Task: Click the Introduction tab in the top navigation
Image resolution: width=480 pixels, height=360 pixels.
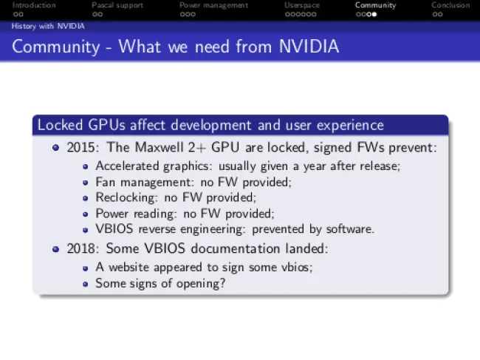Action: [x=34, y=5]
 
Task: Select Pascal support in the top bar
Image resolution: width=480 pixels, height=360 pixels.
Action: [x=117, y=5]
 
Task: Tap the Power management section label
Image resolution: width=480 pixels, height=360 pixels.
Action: [x=213, y=5]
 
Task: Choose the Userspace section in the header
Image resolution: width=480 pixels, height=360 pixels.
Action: [x=302, y=5]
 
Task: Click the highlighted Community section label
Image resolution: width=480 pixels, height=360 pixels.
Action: [x=376, y=5]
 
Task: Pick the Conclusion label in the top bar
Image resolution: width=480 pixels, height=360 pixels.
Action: [x=450, y=5]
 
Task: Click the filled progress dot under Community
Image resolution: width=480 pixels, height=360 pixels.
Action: [x=374, y=14]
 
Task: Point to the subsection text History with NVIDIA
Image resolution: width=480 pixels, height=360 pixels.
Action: [x=48, y=27]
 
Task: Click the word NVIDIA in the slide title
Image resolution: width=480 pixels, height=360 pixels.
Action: [x=309, y=47]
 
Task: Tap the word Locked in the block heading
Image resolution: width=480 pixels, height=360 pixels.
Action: [x=61, y=125]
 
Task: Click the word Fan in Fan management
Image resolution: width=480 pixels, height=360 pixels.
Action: [x=105, y=182]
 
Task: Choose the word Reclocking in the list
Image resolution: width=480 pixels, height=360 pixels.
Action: [x=126, y=197]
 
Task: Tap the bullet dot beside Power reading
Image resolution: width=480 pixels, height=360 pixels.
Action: [x=86, y=214]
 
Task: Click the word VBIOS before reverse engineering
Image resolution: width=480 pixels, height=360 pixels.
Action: [x=114, y=229]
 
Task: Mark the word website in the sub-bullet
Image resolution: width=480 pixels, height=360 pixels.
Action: [x=129, y=267]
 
